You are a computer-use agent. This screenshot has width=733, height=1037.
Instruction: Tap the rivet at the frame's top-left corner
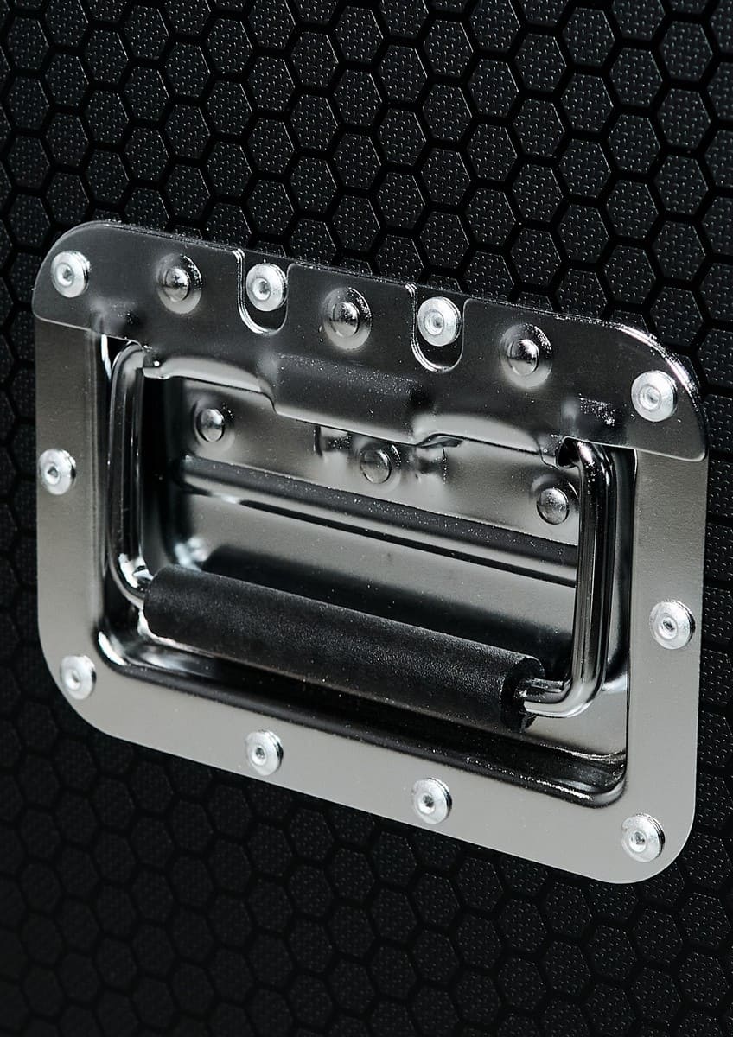click(70, 274)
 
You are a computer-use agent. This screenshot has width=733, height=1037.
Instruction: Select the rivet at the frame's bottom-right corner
click(643, 836)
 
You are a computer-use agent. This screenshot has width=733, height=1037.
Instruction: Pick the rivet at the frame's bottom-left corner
click(78, 677)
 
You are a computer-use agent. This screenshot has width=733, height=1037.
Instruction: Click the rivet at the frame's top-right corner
click(653, 395)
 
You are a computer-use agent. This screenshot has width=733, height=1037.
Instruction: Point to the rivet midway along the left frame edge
click(57, 472)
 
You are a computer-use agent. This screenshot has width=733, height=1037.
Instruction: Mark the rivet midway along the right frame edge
click(672, 622)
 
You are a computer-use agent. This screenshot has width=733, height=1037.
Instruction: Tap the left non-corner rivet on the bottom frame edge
click(265, 752)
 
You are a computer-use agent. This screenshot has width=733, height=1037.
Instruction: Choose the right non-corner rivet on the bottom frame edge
click(431, 800)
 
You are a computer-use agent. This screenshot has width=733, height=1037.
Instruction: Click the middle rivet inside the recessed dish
click(376, 465)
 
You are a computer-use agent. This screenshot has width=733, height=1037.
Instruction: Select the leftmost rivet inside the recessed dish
click(211, 423)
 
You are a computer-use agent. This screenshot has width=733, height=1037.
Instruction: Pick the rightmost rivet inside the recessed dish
click(553, 504)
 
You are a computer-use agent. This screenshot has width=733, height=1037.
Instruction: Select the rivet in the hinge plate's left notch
click(265, 286)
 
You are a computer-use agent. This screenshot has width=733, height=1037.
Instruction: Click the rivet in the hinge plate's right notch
click(438, 321)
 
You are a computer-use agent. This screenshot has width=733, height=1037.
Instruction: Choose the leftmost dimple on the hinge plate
click(179, 283)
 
